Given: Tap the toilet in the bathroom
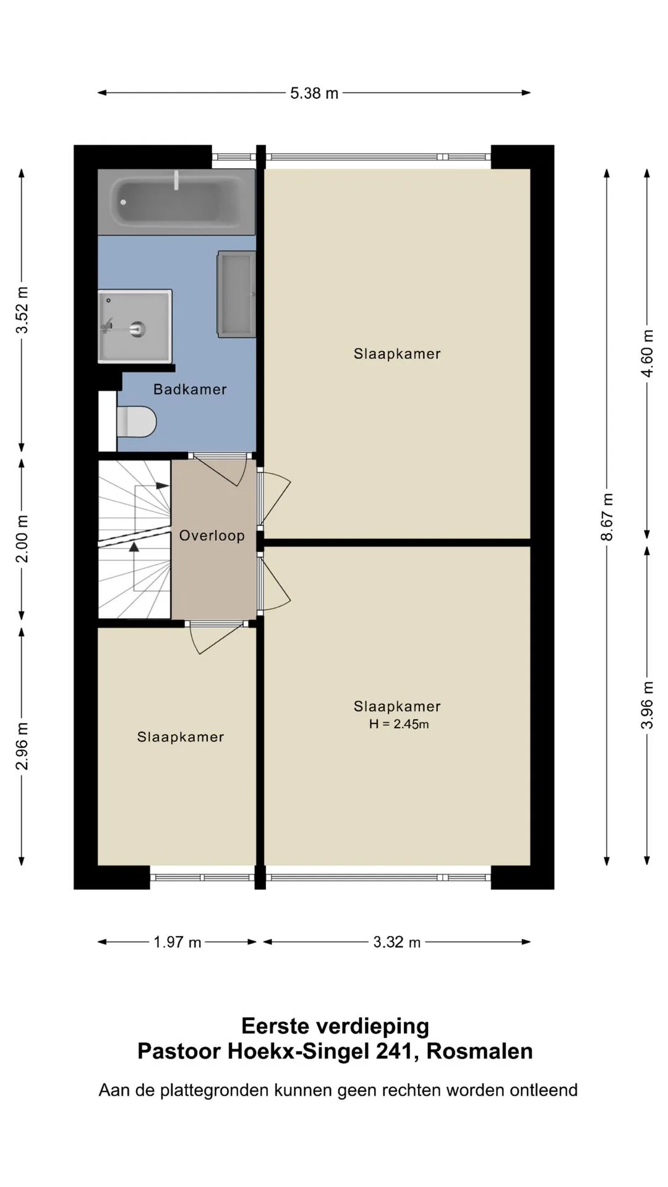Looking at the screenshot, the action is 137,421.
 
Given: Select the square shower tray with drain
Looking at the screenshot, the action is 135,326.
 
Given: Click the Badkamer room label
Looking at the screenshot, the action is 190,389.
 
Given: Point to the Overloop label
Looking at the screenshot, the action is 212,535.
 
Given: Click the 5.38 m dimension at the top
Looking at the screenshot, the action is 314,93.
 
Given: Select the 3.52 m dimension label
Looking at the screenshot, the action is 22,311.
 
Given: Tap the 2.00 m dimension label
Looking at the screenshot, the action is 22,538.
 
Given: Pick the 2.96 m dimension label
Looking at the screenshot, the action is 22,746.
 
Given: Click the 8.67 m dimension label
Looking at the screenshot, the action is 607,517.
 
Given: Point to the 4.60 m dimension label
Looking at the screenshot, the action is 647,353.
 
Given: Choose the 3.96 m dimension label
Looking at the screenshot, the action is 647,705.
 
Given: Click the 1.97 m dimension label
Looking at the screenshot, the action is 178,942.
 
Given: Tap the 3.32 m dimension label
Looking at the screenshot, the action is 397,942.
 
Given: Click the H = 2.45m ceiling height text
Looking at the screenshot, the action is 399,724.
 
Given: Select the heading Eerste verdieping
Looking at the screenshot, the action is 335,1026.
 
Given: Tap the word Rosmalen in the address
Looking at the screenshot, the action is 479,1052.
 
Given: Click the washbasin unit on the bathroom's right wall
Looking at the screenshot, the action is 236,294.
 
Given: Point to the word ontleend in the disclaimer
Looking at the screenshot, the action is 544,1090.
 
